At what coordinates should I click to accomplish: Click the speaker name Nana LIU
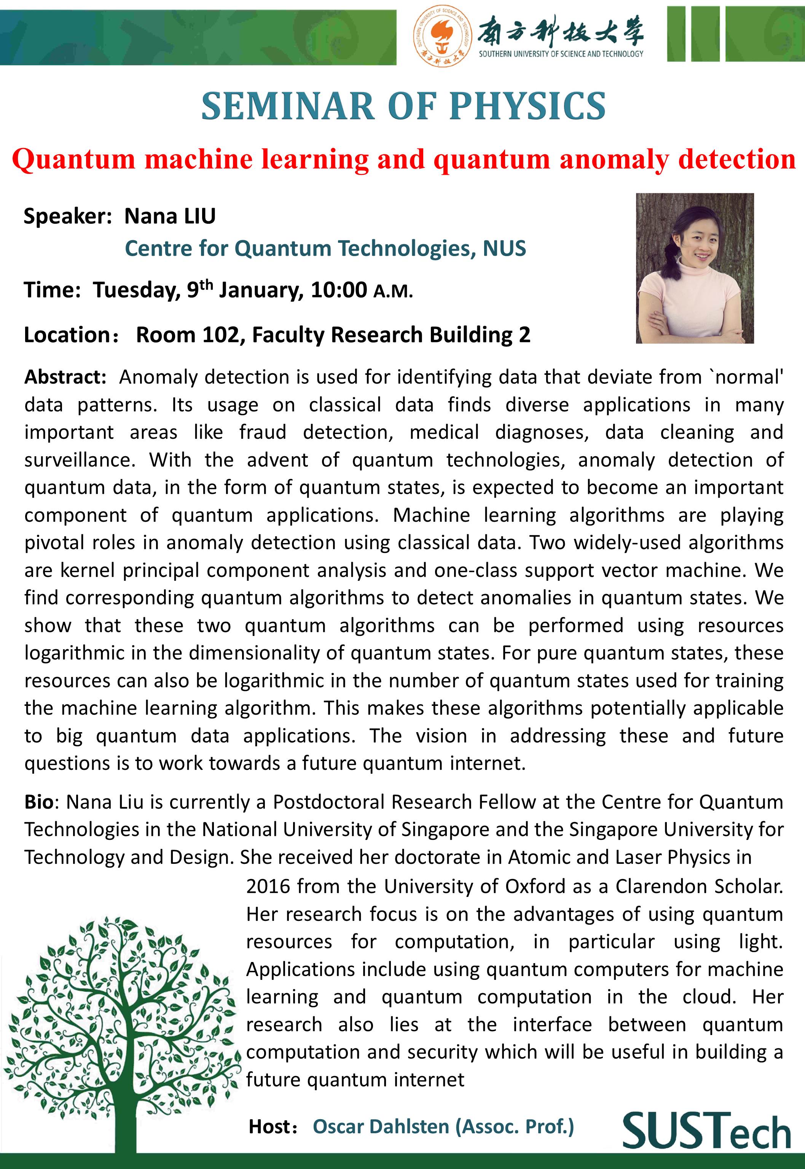pos(170,217)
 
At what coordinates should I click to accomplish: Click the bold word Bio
pos(38,802)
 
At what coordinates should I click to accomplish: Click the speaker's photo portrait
pos(695,268)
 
